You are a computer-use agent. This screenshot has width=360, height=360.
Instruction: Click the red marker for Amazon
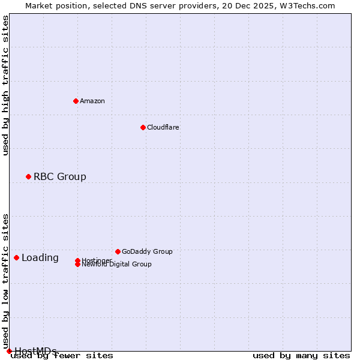(x=76, y=101)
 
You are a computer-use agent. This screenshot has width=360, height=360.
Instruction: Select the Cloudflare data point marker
(x=143, y=127)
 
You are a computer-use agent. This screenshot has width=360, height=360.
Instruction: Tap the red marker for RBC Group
(x=28, y=176)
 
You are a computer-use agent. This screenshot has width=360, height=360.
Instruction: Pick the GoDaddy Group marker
(x=118, y=251)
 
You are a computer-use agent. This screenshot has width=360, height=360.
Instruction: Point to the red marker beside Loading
(x=16, y=257)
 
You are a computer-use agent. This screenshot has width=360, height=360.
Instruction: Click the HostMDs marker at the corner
(x=9, y=351)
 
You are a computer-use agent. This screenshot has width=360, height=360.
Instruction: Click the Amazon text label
(x=92, y=101)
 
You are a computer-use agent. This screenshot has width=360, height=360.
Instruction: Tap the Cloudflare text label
(x=163, y=127)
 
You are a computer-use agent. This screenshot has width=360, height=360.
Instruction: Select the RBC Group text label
(x=59, y=176)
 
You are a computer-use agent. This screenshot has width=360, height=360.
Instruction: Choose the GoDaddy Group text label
(x=146, y=251)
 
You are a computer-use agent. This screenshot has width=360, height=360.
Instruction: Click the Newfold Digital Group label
(x=116, y=264)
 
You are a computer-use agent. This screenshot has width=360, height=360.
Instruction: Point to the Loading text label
(x=40, y=258)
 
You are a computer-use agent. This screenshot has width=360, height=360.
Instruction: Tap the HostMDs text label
(x=35, y=351)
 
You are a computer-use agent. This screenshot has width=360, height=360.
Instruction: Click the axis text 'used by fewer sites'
(x=62, y=356)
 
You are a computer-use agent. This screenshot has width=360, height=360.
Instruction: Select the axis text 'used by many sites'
(x=301, y=356)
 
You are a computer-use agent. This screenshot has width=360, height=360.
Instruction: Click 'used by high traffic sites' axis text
(x=6, y=85)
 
